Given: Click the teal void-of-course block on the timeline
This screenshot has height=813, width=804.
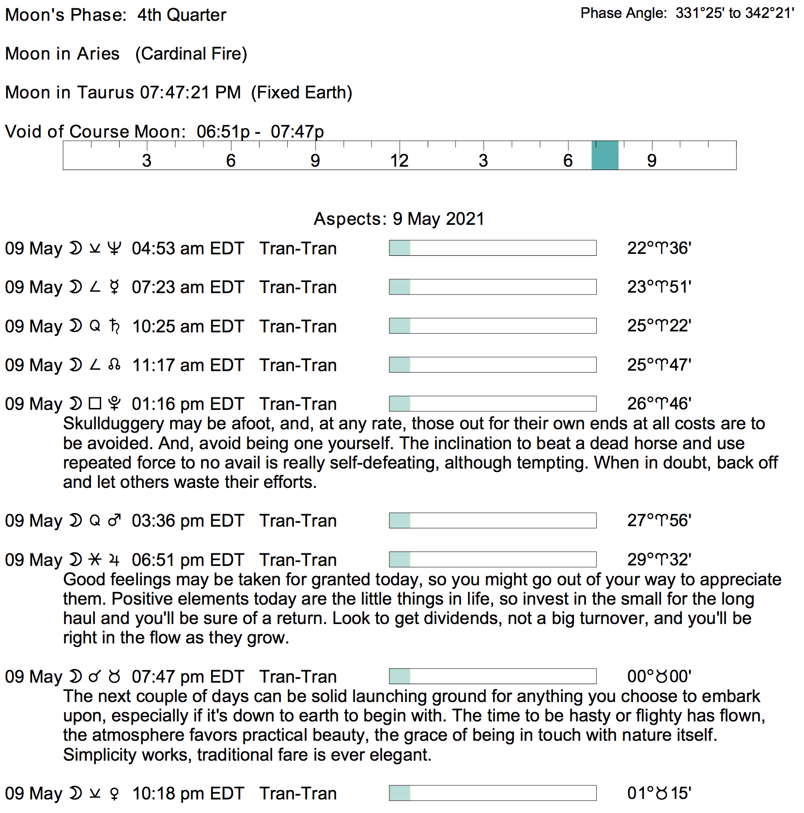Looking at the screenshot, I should [x=604, y=156].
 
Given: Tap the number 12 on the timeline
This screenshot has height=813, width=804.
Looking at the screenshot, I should [x=399, y=161].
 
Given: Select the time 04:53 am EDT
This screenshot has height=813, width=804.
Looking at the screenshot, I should [x=187, y=249].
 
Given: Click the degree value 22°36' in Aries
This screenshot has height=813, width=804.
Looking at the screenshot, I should [x=659, y=249].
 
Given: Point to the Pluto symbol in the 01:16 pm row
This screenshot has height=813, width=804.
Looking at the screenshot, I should [x=114, y=404].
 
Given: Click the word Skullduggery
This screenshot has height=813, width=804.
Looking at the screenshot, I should [x=113, y=424].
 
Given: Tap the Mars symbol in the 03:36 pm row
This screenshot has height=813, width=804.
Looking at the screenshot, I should [x=114, y=521].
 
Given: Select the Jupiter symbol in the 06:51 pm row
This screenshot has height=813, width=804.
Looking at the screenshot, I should [x=114, y=560].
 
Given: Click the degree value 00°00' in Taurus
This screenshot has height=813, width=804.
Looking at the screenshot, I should [x=659, y=676].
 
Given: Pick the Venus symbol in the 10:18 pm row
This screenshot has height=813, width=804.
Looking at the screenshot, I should [x=114, y=794].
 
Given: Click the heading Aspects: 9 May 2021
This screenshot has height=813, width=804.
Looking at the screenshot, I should [x=399, y=219].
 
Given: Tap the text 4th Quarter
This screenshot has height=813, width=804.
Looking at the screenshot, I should [x=182, y=15].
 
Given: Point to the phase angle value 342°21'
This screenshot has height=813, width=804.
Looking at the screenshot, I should [x=770, y=13].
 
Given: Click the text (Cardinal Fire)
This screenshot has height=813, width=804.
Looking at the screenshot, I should [x=191, y=54].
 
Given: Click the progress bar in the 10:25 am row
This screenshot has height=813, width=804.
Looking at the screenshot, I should [x=492, y=326].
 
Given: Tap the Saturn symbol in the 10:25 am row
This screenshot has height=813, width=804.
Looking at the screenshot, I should [x=114, y=326].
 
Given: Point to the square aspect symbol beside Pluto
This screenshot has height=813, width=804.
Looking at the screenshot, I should [x=95, y=404].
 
